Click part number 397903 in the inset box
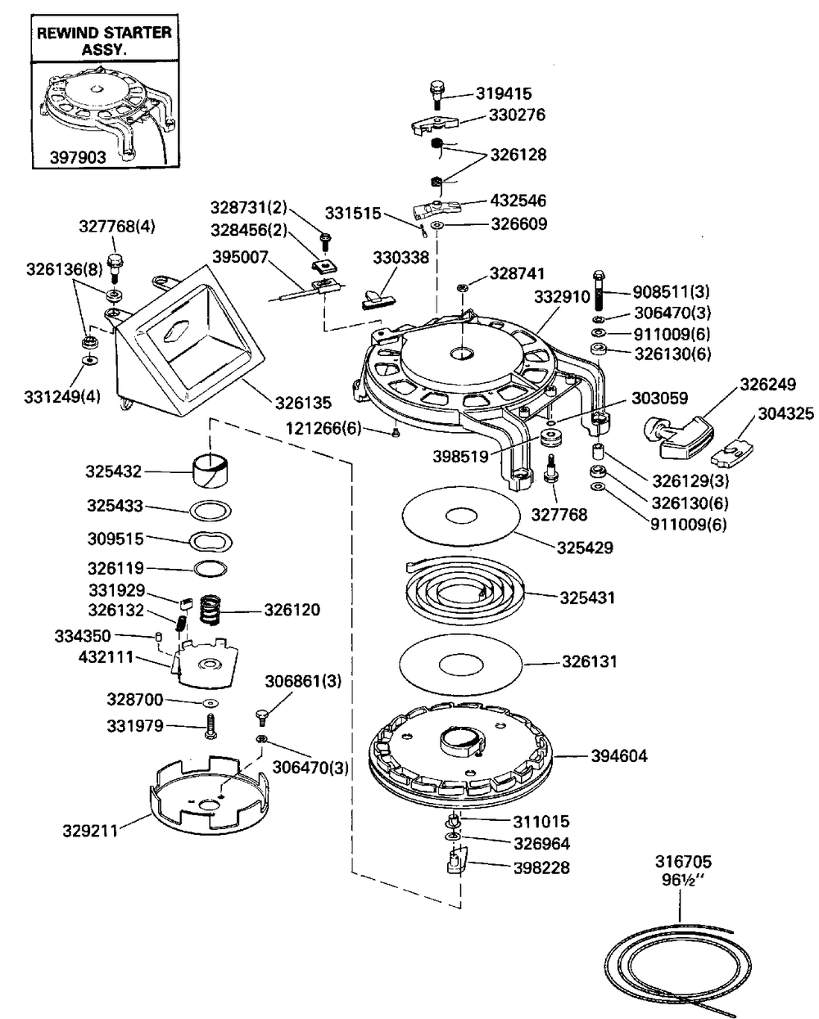[79, 156]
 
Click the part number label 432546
[518, 201]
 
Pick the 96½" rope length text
[683, 878]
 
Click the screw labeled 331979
[211, 725]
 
